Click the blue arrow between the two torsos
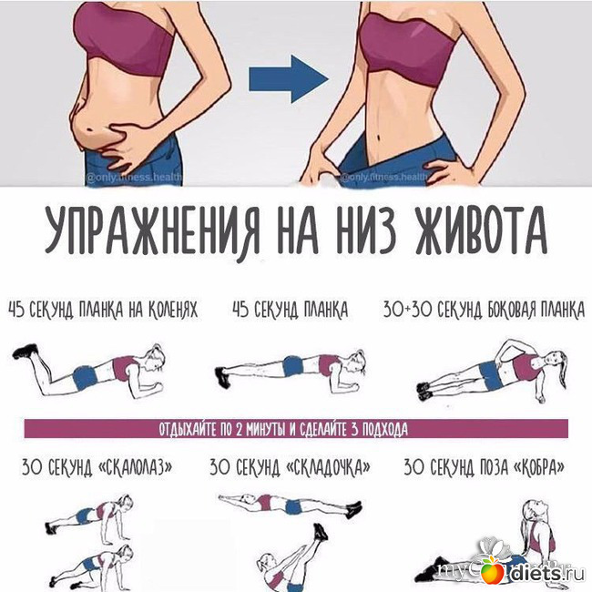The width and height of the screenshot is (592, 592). click(x=288, y=79)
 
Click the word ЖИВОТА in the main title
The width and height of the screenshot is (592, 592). click(x=481, y=231)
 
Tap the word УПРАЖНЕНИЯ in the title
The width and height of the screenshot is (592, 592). click(x=152, y=232)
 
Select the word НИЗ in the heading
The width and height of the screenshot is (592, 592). click(x=365, y=231)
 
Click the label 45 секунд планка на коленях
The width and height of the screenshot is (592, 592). click(x=103, y=310)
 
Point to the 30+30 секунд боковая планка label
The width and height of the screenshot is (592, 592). click(x=484, y=310)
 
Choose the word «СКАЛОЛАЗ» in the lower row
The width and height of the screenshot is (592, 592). click(x=136, y=467)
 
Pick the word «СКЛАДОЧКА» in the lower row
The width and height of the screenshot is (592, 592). click(x=329, y=467)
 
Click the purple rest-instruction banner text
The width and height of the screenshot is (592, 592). click(x=283, y=429)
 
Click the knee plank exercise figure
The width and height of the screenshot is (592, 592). click(x=88, y=369)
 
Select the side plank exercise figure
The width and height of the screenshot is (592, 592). click(x=493, y=370)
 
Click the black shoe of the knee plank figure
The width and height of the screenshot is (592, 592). click(x=26, y=352)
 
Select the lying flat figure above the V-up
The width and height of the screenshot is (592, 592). click(x=290, y=505)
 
